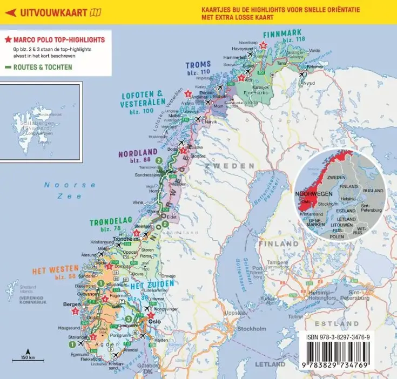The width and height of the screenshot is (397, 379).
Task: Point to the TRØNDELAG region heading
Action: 104,222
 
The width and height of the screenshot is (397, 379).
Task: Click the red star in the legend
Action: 8,40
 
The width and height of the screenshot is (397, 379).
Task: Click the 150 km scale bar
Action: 24,360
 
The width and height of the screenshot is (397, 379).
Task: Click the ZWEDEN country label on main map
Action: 232,166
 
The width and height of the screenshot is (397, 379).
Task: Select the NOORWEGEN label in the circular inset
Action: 314,193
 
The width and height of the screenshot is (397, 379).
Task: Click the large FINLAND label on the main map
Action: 278,244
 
